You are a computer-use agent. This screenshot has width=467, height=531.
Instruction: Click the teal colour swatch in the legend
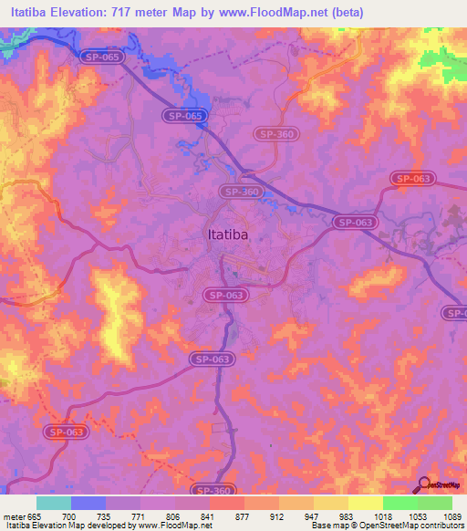[x=54, y=503]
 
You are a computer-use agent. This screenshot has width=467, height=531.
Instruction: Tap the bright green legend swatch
[x=400, y=503]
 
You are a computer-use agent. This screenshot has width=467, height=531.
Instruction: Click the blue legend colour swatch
[x=88, y=503]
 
